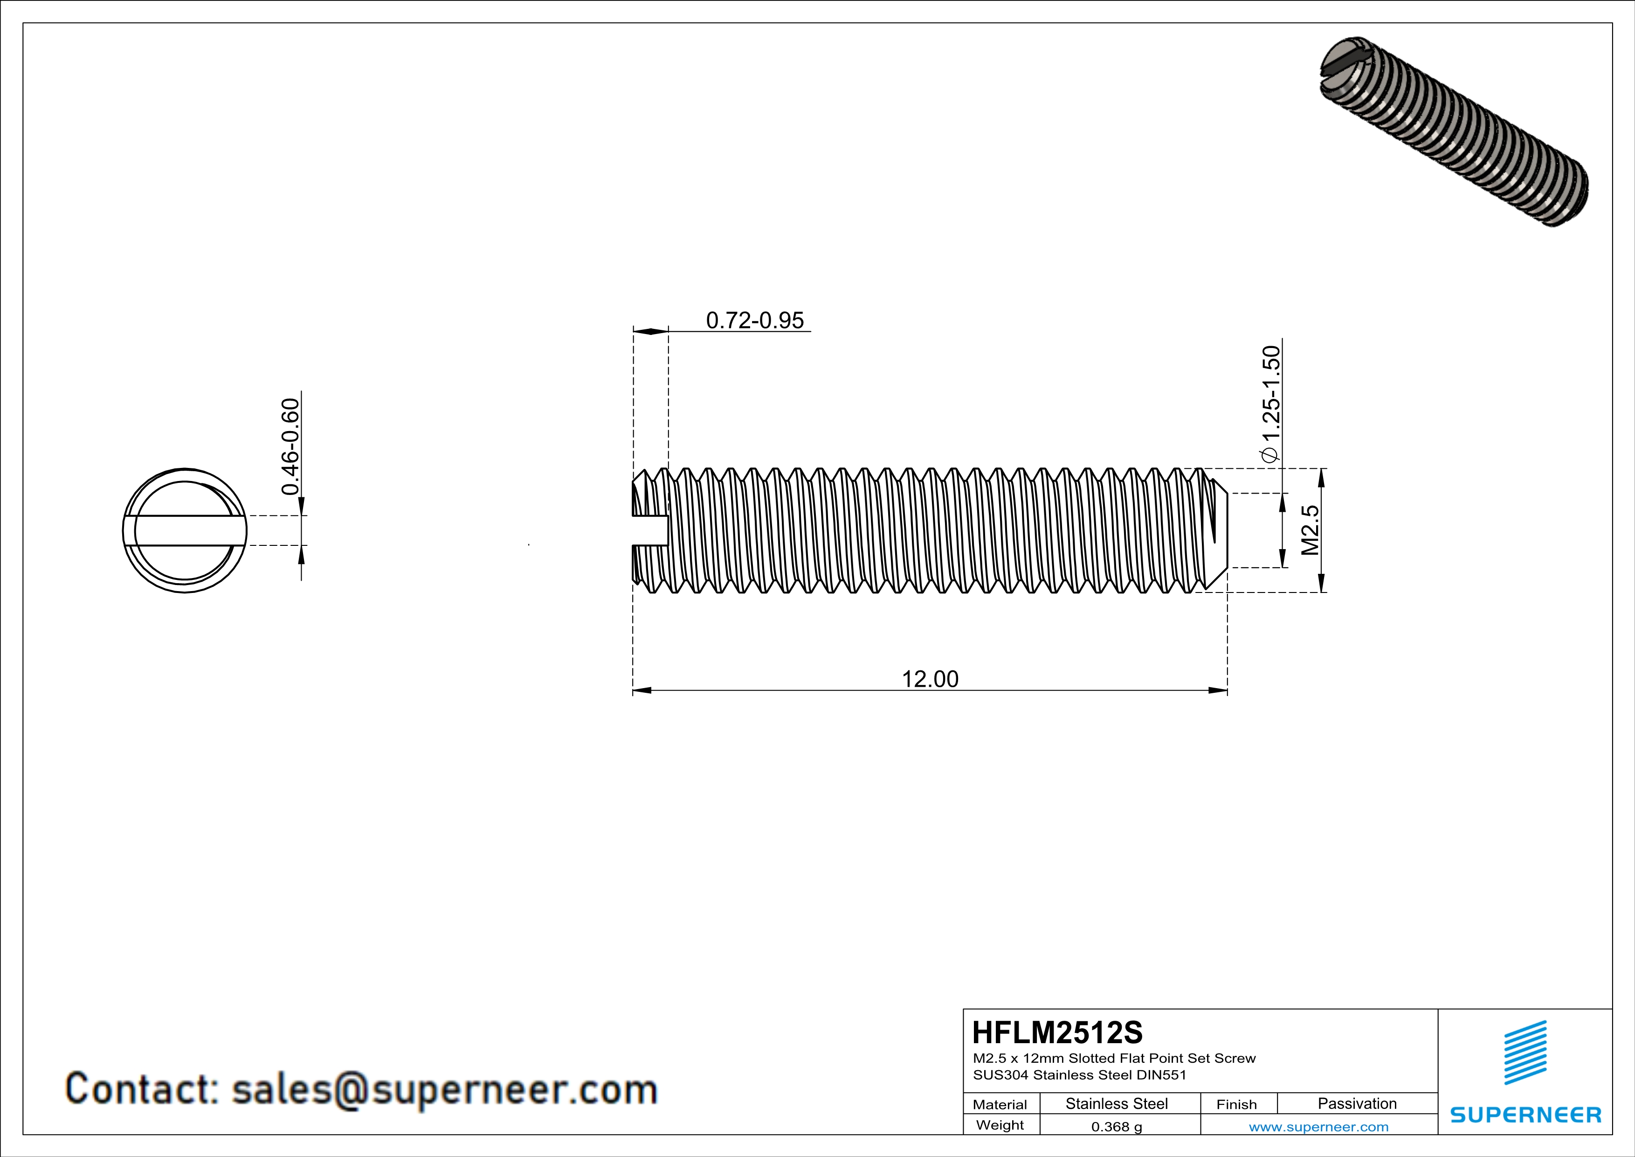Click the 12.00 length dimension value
(x=930, y=678)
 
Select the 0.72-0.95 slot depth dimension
(x=755, y=320)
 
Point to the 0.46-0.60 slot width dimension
(x=290, y=446)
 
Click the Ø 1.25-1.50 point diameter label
(x=1271, y=404)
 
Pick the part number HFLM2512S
(x=1057, y=1032)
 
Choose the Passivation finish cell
(x=1357, y=1103)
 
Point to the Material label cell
(x=1000, y=1104)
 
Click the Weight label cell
(x=1000, y=1125)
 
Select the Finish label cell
(x=1236, y=1104)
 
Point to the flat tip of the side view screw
(x=1226, y=531)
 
